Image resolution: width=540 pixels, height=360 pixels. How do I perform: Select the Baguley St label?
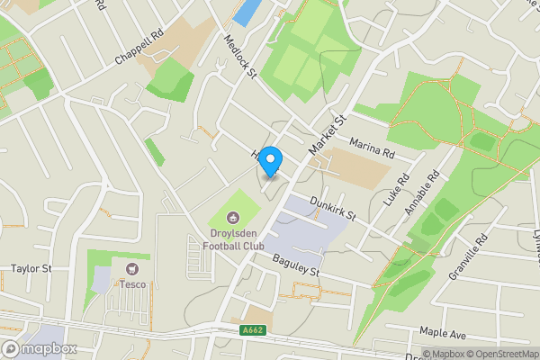[x=295, y=265]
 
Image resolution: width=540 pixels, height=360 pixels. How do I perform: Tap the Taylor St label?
[x=32, y=268]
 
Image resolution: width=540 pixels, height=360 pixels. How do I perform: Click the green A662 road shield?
[x=253, y=330]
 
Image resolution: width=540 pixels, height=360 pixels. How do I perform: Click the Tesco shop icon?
[x=133, y=268]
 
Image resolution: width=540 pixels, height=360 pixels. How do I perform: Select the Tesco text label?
[x=133, y=284]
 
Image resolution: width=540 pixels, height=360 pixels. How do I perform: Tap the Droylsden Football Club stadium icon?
[x=232, y=217]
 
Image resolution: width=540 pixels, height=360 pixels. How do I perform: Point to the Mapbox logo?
[x=40, y=347]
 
